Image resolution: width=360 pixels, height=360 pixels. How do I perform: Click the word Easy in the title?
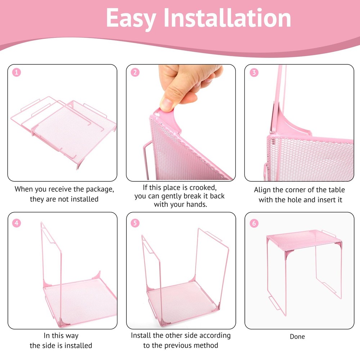[131, 19]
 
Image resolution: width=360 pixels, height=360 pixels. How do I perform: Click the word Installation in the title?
[228, 17]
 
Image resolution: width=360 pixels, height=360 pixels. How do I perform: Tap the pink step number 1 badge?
[17, 72]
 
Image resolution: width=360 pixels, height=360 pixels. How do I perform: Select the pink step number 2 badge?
[135, 72]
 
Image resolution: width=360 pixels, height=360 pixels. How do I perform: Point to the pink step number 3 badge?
[254, 72]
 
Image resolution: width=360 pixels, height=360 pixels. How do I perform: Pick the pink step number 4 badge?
[17, 223]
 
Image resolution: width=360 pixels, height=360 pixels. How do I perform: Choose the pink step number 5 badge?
[135, 223]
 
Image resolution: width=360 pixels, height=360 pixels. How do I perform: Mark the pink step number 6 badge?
[254, 223]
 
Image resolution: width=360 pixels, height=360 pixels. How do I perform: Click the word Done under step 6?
[297, 337]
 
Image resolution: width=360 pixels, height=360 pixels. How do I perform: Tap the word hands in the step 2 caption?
[197, 204]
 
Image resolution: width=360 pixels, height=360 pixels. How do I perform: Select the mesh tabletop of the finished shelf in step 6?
[303, 240]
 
